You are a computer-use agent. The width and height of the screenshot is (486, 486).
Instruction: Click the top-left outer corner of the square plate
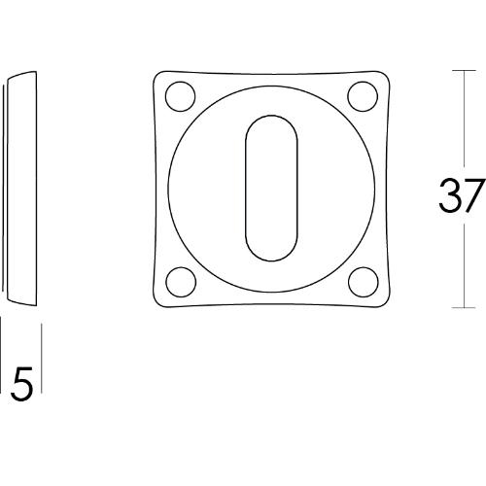click(156, 72)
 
